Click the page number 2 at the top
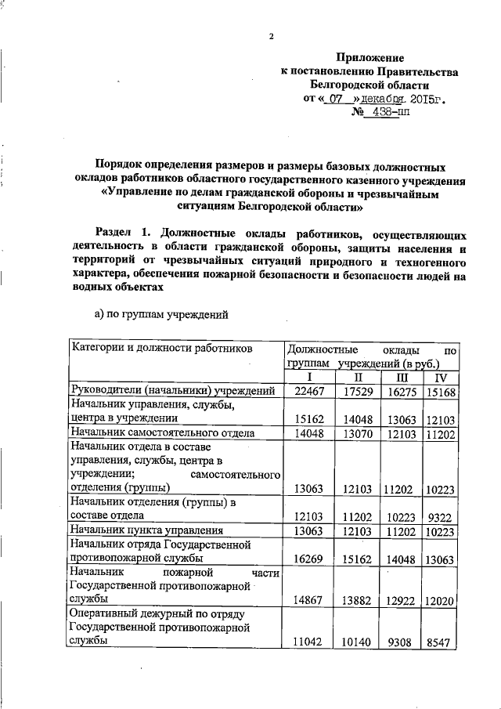271,37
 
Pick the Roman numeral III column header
402,378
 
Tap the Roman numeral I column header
308,378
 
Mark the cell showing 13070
356,432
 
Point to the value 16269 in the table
308,559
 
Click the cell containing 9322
441,516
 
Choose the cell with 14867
308,599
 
